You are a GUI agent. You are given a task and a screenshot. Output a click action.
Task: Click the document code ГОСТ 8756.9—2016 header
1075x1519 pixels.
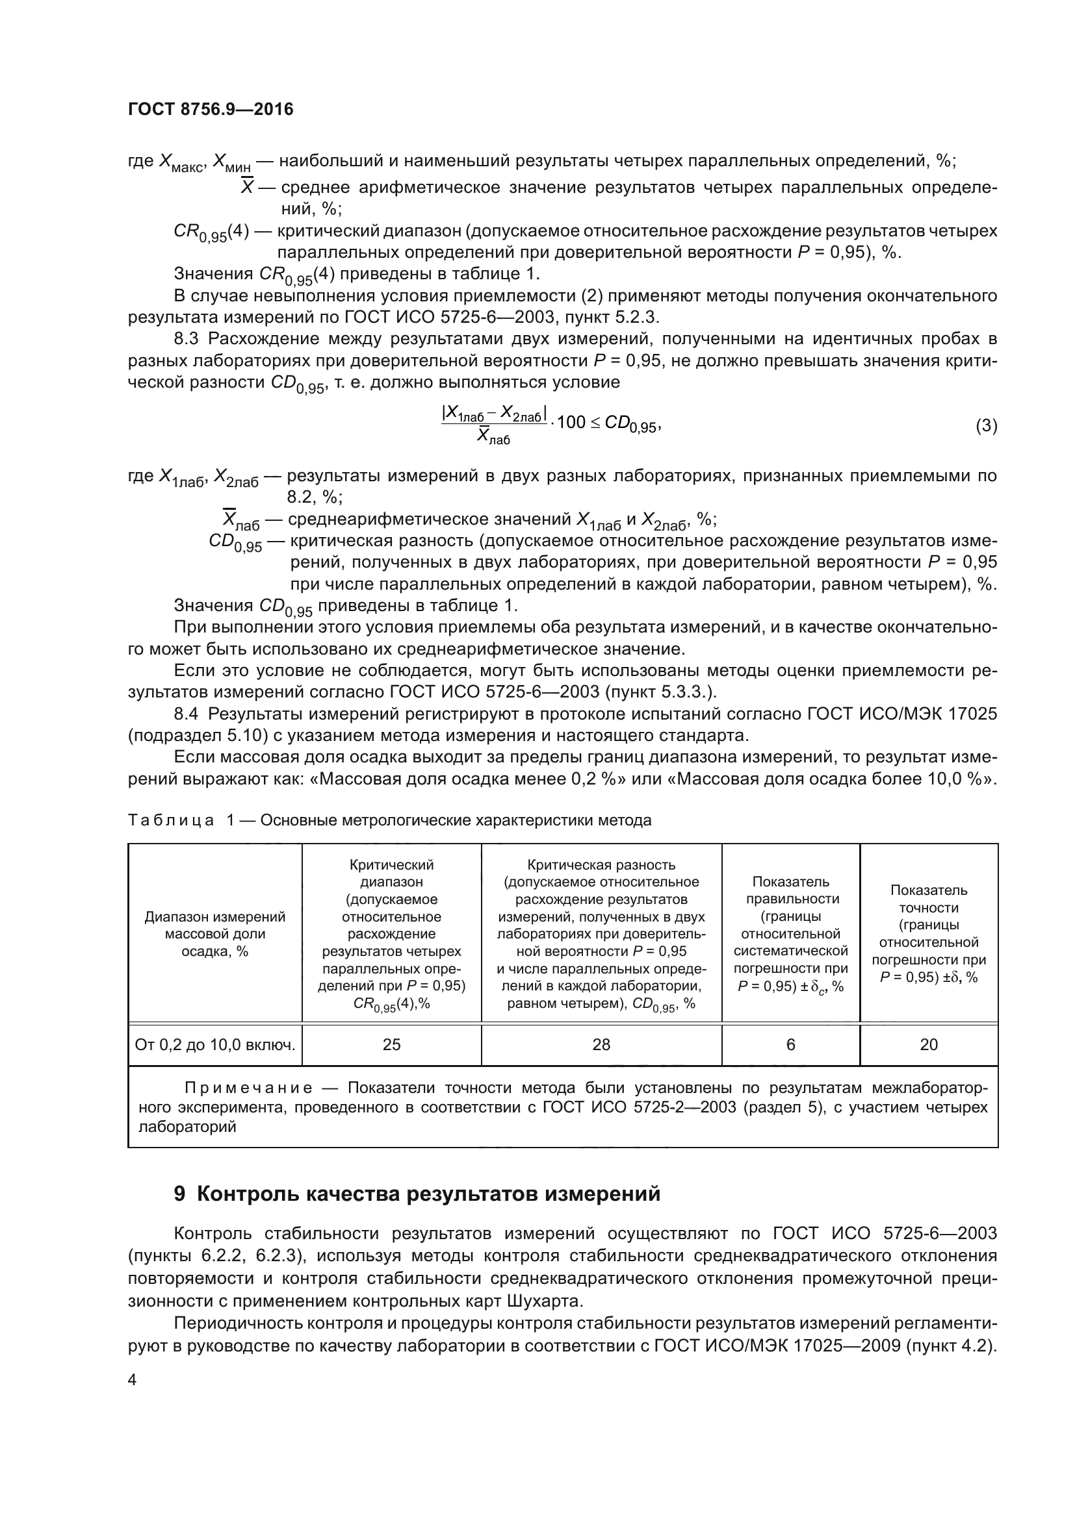point(211,110)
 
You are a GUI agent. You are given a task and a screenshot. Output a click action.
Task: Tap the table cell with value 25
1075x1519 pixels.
point(391,1044)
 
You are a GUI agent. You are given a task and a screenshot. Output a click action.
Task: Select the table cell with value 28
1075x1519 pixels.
point(601,1044)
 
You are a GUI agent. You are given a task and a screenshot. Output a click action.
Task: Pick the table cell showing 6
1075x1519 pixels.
point(790,1044)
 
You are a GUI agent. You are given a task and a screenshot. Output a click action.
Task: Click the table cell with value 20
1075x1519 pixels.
point(929,1044)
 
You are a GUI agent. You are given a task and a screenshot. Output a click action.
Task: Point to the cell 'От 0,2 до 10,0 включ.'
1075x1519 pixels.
point(215,1045)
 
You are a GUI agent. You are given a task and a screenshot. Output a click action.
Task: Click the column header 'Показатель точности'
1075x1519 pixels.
point(929,933)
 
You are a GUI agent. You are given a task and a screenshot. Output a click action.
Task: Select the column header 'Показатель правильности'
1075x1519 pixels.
point(790,933)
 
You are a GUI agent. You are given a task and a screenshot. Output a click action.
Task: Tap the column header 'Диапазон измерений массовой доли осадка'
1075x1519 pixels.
point(215,933)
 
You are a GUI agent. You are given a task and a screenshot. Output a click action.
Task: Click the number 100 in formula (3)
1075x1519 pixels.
point(573,422)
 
